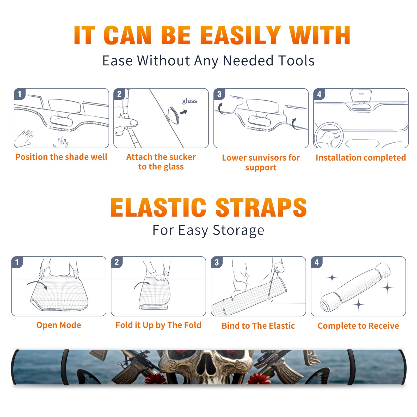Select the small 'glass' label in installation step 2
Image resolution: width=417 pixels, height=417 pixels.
click(x=189, y=101)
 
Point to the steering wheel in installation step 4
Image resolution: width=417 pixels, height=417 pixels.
click(x=329, y=135)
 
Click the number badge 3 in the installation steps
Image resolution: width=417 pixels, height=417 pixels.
click(x=219, y=94)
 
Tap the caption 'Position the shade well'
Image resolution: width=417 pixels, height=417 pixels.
click(x=61, y=157)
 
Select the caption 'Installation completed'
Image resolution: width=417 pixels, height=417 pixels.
click(x=361, y=158)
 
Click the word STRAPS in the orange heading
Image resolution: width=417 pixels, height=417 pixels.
click(x=261, y=207)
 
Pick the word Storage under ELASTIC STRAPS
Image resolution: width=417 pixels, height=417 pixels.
click(x=238, y=230)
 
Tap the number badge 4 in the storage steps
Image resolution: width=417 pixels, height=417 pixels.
click(x=317, y=262)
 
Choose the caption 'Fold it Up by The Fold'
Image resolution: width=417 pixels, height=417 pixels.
click(x=158, y=325)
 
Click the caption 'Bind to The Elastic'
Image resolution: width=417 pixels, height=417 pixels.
click(x=258, y=326)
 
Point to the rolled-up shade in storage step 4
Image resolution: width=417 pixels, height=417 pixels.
click(x=355, y=287)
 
